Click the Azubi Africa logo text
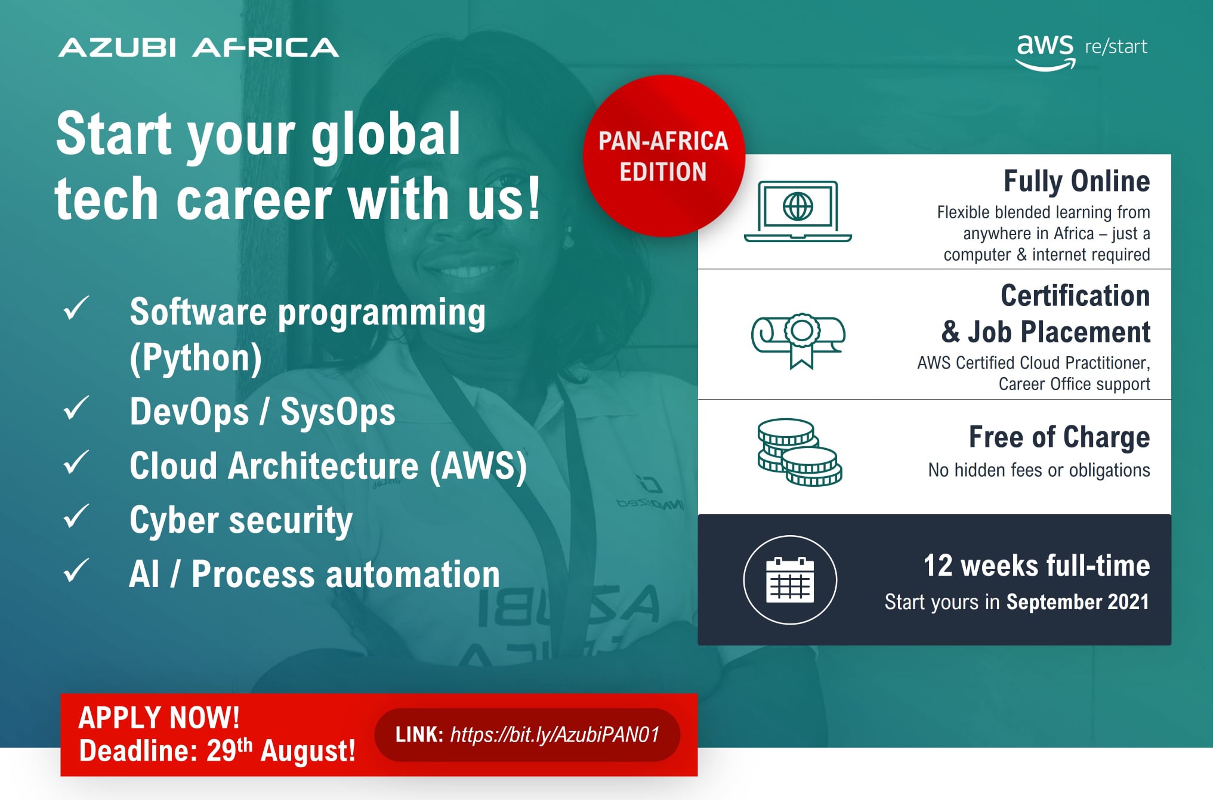coord(199,48)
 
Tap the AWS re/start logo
coord(1082,51)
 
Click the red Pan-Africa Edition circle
coord(663,156)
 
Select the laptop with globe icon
coord(798,211)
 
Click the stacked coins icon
coord(800,452)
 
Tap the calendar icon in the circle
coord(790,580)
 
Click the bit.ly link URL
coord(555,734)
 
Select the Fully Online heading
coord(1077,181)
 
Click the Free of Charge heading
coord(1059,437)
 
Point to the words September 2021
coord(1078,602)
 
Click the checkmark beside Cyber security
coord(76,516)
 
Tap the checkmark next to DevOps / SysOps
coord(76,408)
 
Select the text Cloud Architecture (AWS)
coord(328,466)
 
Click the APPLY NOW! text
coord(159,718)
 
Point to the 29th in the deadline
coord(229,750)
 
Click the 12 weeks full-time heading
coord(1037,566)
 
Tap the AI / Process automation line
coord(314,574)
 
